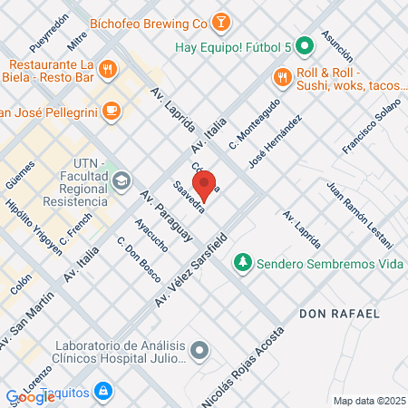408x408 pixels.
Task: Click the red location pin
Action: [x=205, y=184]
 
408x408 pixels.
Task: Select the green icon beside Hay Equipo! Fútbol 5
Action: [x=306, y=44]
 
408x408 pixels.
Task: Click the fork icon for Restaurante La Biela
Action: [x=107, y=68]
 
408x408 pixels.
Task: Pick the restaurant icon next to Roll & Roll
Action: [x=283, y=76]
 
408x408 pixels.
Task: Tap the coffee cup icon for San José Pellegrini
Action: [x=111, y=111]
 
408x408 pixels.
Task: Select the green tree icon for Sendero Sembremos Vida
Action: [x=242, y=263]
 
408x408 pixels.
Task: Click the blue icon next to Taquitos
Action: [x=103, y=391]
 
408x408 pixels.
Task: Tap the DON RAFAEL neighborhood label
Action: [x=338, y=313]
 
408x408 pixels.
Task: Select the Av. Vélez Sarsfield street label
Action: [x=191, y=267]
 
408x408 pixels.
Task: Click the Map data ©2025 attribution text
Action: [x=368, y=401]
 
